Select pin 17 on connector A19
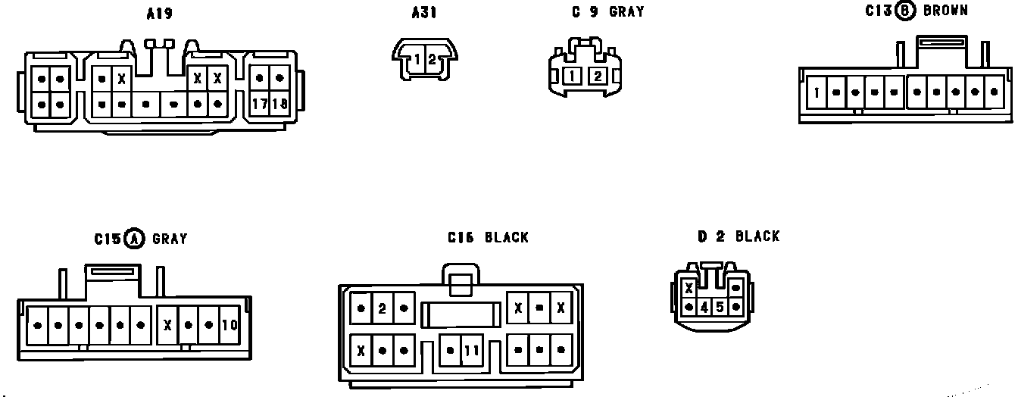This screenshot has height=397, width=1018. [x=260, y=104]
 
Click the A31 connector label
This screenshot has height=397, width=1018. [x=424, y=13]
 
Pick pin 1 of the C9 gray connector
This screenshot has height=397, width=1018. [x=573, y=76]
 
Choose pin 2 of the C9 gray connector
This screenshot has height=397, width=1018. [x=597, y=76]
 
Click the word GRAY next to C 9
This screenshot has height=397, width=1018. [x=626, y=12]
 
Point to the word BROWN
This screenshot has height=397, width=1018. [x=945, y=11]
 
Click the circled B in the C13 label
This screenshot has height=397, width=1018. [x=904, y=11]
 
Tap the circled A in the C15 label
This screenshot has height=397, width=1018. [x=134, y=239]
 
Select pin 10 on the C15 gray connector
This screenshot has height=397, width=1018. [x=230, y=326]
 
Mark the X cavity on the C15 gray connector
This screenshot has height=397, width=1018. [x=167, y=326]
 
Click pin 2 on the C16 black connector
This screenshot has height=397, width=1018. [x=383, y=308]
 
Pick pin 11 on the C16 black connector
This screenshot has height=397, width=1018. [x=471, y=351]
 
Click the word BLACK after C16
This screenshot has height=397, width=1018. [x=506, y=238]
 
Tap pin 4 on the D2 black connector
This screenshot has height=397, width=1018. [x=704, y=308]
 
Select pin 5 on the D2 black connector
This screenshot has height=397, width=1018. [x=720, y=308]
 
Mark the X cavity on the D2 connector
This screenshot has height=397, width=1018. [x=689, y=289]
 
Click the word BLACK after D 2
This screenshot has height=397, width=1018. [x=757, y=236]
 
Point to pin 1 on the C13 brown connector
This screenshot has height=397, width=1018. [x=817, y=94]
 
